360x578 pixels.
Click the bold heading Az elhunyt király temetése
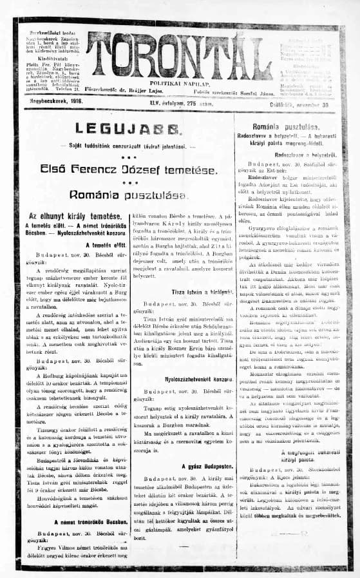(74, 216)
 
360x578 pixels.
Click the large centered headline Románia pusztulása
(127, 195)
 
